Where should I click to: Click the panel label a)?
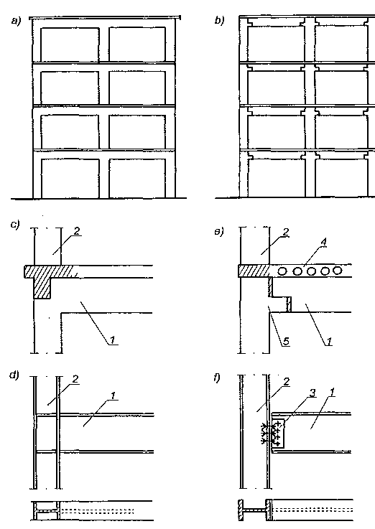[16, 22]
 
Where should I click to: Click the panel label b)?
[219, 20]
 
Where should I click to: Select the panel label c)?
[15, 225]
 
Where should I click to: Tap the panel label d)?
[14, 375]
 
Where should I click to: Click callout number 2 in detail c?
[77, 230]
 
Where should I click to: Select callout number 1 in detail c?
[112, 340]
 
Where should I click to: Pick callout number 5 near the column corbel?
[286, 342]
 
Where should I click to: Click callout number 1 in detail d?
[113, 395]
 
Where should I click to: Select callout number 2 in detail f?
[287, 382]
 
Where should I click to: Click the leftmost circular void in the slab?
[283, 271]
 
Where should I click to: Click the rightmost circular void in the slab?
[337, 270]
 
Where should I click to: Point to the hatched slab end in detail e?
[254, 271]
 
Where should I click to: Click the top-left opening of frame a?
[70, 45]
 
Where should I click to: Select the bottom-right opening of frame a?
[137, 178]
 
